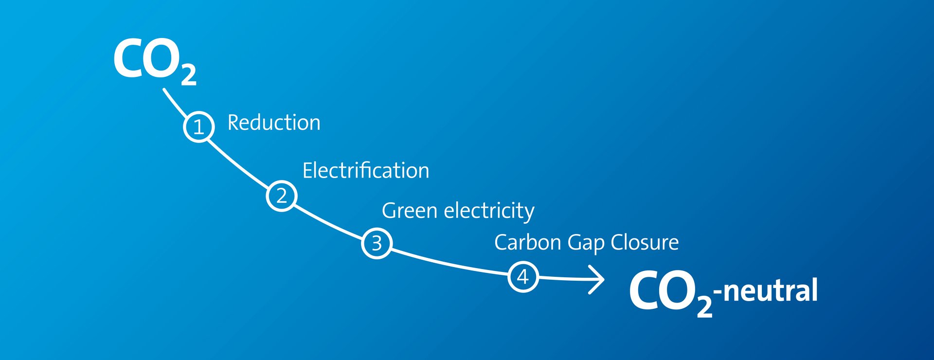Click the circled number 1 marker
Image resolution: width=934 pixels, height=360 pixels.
click(199, 127)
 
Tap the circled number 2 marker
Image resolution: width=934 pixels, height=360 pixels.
click(282, 196)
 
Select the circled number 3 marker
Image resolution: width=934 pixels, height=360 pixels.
click(377, 243)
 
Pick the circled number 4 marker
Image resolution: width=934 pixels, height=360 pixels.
click(523, 277)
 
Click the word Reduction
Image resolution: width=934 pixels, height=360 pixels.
click(274, 123)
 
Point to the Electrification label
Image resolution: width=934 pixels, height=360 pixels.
click(366, 170)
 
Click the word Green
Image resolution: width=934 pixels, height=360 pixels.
click(410, 211)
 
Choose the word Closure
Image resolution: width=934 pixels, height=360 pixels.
click(645, 242)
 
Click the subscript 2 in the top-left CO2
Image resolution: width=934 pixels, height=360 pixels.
click(189, 75)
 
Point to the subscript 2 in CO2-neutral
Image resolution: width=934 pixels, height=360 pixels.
click(704, 306)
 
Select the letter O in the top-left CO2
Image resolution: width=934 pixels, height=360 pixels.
click(162, 59)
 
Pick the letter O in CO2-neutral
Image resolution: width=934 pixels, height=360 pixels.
click(679, 290)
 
